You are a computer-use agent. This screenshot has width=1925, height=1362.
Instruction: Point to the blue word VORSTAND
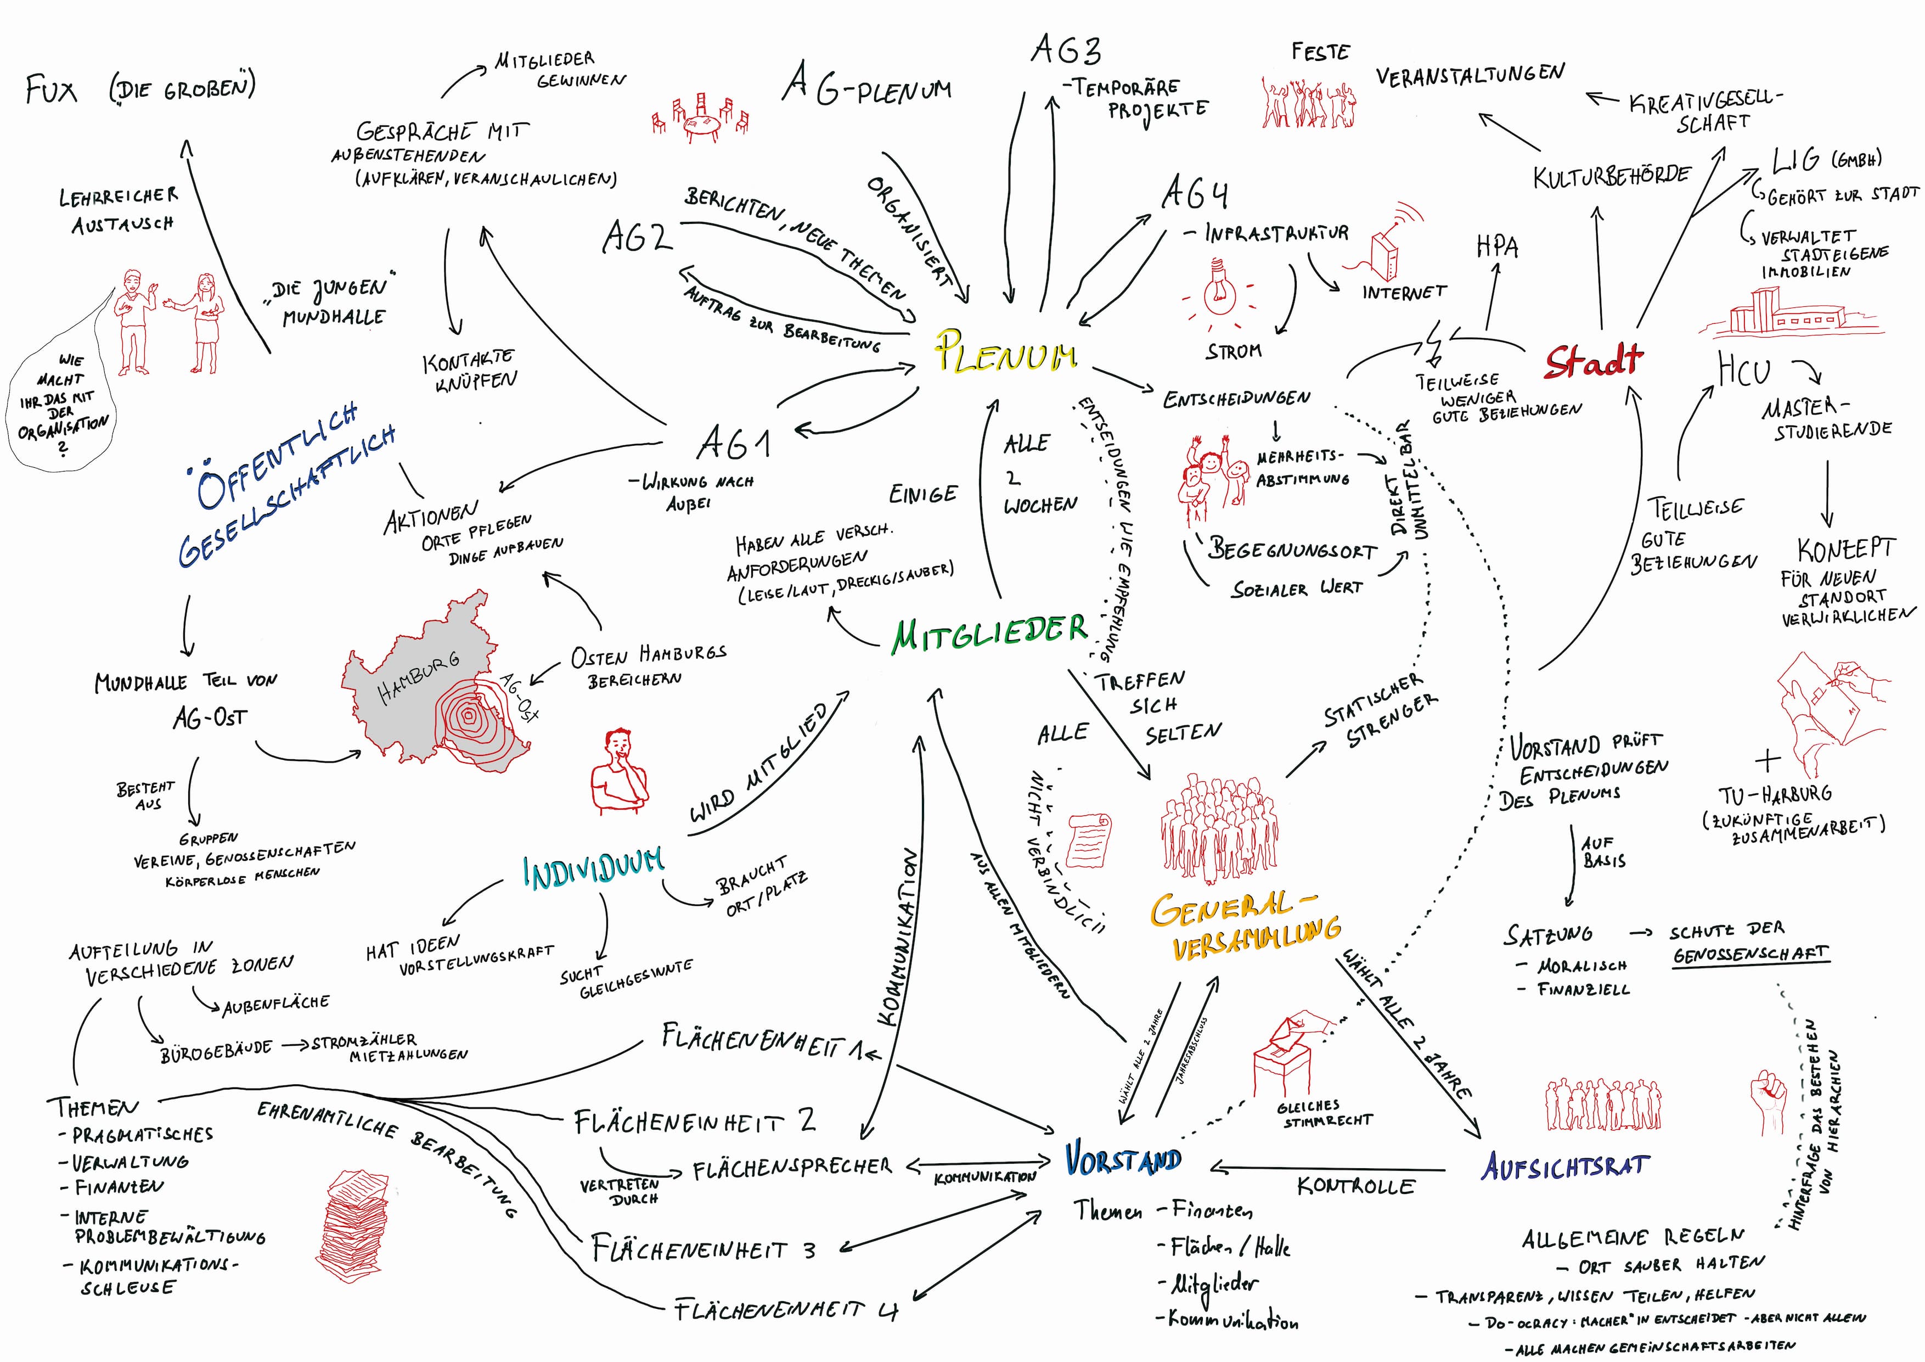[x=1123, y=1160]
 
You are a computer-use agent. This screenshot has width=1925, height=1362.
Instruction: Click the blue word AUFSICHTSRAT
[x=1566, y=1166]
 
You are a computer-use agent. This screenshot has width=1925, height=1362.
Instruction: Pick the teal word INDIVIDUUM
[x=593, y=870]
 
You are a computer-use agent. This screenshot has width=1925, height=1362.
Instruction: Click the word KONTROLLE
[x=1356, y=1186]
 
